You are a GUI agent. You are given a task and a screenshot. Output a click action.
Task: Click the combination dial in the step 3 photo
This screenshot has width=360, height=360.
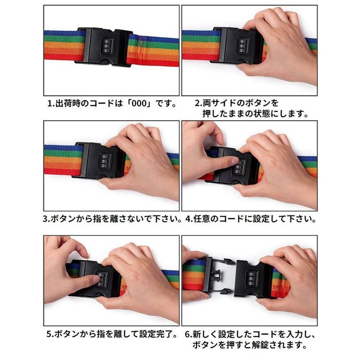(x=105, y=162)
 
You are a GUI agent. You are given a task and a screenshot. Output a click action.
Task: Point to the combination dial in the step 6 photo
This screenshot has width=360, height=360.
(x=252, y=279)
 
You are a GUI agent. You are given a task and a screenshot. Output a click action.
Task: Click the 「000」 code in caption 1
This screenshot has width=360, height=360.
(x=139, y=103)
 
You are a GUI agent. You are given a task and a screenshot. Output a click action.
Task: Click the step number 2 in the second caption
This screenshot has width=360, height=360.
(x=197, y=103)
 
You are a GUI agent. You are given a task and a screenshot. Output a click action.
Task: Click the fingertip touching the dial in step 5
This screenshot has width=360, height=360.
(x=96, y=279)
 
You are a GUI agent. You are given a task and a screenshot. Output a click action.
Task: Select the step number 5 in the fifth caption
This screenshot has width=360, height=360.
(x=49, y=334)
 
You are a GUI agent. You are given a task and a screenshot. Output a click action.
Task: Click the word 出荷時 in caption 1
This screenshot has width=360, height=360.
(x=68, y=103)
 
